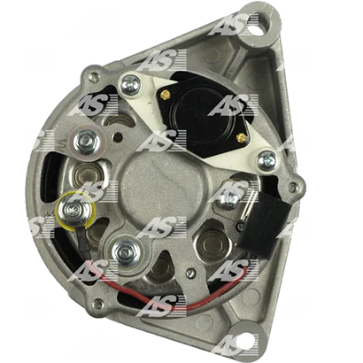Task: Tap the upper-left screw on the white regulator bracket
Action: pyautogui.click(x=131, y=85)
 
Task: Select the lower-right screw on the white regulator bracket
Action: pyautogui.click(x=267, y=161)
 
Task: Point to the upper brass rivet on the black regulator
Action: pyautogui.click(x=166, y=95)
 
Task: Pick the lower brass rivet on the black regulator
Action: pyautogui.click(x=242, y=137)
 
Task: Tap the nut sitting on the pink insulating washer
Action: pyautogui.click(x=86, y=143)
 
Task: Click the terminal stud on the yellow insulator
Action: pyautogui.click(x=72, y=210)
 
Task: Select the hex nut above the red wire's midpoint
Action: pyautogui.click(x=127, y=252)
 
